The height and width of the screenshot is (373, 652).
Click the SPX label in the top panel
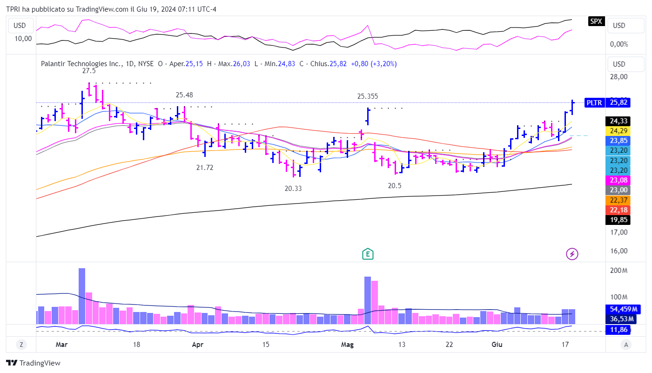coord(596,21)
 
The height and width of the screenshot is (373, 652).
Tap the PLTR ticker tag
coord(594,103)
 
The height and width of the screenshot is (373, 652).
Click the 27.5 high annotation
coord(89,71)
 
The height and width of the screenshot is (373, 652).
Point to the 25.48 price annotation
coord(184,95)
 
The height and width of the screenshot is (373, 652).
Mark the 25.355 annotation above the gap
coord(368,96)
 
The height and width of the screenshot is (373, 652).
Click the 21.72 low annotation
coord(205,168)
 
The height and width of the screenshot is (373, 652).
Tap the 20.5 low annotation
coord(395,185)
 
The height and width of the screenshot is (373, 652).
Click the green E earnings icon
coord(368,254)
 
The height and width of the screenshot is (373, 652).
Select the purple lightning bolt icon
coord(572,254)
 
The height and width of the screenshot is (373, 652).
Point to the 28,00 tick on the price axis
coord(618,77)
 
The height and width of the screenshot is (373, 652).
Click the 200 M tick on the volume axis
coord(618,271)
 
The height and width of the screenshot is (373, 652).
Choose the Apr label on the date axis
coord(198,345)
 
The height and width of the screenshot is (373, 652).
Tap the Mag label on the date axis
coord(347,345)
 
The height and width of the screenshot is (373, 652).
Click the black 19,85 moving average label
coord(618,220)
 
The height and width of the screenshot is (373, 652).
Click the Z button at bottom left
coord(21,345)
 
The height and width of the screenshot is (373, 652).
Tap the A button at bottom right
coord(626,345)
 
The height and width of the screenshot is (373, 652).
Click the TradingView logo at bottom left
coord(33,363)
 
